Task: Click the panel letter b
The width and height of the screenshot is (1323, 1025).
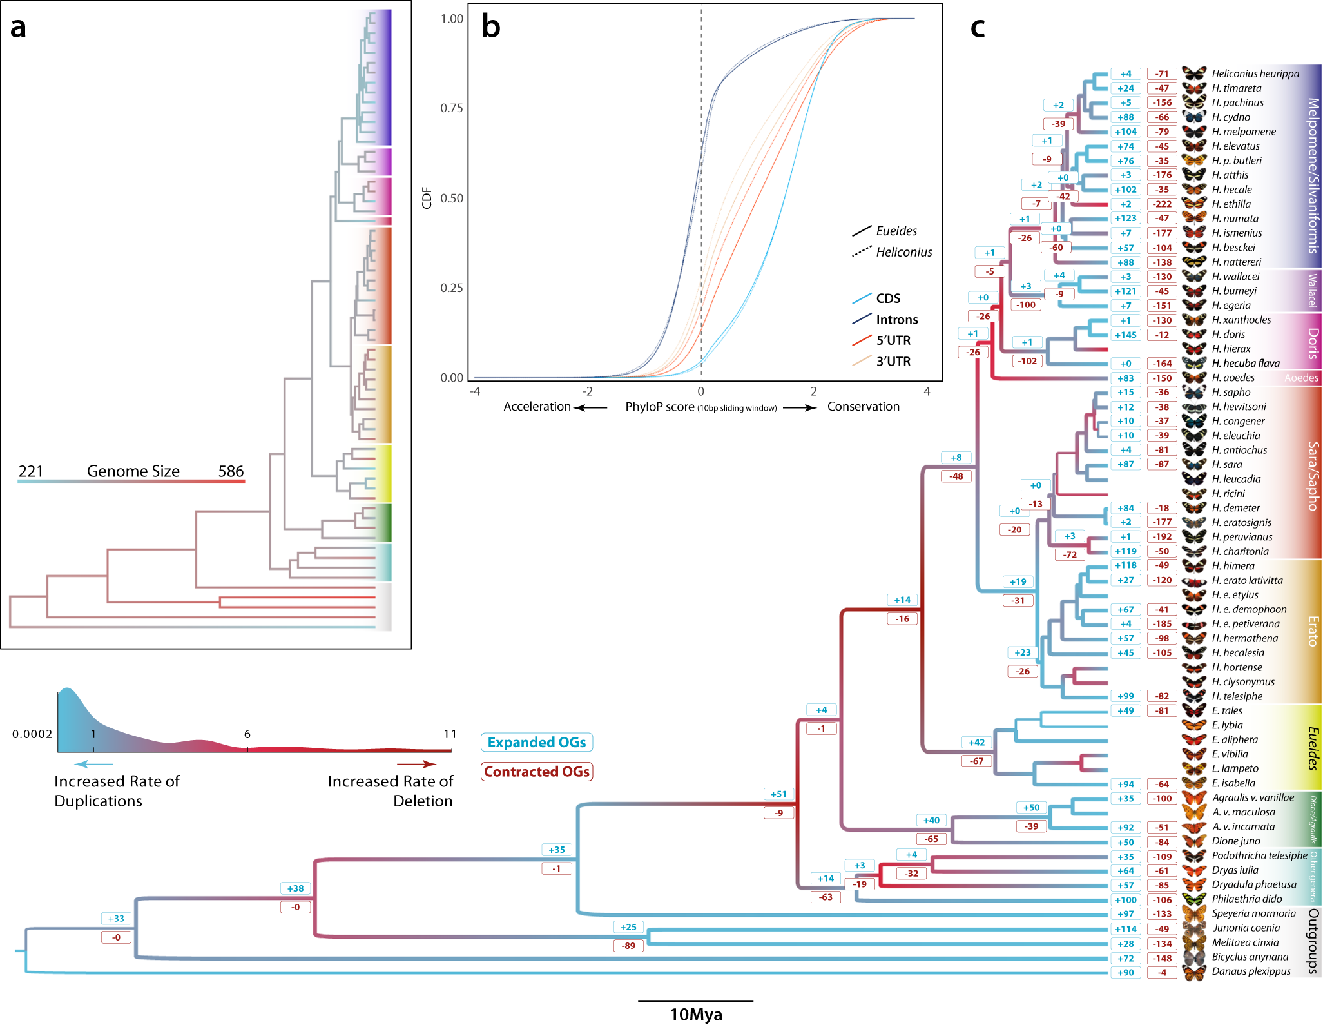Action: click(490, 27)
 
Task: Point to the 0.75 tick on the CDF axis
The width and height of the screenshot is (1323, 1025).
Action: click(451, 108)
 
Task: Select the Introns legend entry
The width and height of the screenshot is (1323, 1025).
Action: click(896, 320)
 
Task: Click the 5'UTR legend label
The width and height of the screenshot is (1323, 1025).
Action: click(893, 340)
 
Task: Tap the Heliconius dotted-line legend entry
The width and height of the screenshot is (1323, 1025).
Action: click(903, 252)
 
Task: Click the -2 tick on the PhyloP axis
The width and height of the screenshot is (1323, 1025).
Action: click(587, 391)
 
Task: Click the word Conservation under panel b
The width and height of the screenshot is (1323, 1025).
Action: click(863, 407)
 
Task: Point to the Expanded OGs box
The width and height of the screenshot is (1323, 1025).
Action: click(536, 743)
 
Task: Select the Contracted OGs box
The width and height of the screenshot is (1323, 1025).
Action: click(536, 772)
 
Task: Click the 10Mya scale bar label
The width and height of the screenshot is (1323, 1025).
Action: click(695, 1015)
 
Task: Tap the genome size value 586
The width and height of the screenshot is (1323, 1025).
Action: click(231, 471)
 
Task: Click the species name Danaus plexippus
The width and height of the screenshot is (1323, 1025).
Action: click(1251, 971)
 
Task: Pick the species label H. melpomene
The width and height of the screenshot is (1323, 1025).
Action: click(1243, 132)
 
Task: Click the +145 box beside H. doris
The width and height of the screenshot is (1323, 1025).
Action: click(1125, 335)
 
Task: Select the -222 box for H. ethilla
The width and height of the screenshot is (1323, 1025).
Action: click(1162, 204)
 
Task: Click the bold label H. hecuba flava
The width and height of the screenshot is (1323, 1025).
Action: click(1245, 363)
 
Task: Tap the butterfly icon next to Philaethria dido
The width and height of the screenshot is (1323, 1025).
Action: click(1194, 899)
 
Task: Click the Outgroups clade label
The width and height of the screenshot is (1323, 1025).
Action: click(1313, 941)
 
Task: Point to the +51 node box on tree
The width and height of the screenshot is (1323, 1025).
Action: click(778, 794)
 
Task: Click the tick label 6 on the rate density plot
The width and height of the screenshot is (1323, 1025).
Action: click(247, 734)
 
